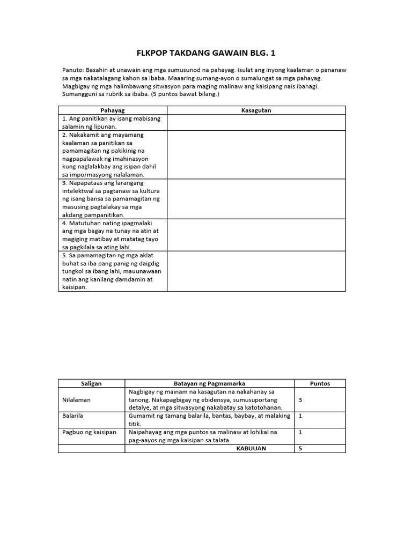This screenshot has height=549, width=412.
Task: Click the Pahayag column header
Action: pyautogui.click(x=112, y=110)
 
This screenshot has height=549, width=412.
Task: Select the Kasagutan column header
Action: pyautogui.click(x=256, y=110)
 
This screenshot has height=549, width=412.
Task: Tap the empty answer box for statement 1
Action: pyautogui.click(x=256, y=122)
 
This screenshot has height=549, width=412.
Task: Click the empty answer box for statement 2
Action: pyautogui.click(x=256, y=154)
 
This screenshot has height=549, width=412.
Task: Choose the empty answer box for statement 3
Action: pyautogui.click(x=256, y=198)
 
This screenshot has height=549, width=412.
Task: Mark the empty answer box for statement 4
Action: pyautogui.click(x=256, y=235)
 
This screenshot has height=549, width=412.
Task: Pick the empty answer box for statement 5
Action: pyautogui.click(x=256, y=271)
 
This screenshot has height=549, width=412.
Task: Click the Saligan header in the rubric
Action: pyautogui.click(x=91, y=383)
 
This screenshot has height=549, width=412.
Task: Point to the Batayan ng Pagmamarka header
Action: pyautogui.click(x=209, y=383)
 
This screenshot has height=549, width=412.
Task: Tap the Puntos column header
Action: pyautogui.click(x=320, y=383)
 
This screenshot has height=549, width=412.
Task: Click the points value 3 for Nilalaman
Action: pyautogui.click(x=300, y=400)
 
